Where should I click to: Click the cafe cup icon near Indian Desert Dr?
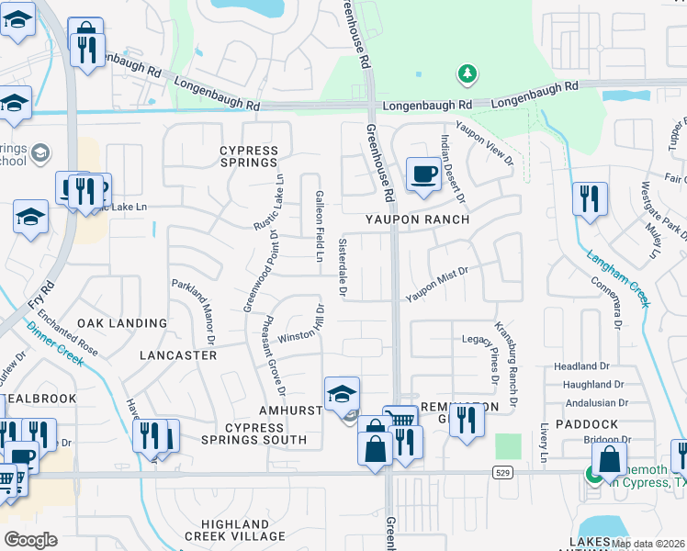(423, 174)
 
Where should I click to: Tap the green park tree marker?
(467, 73)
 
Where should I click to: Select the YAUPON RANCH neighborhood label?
(417, 220)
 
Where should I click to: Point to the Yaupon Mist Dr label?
(437, 286)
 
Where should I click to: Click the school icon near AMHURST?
(342, 394)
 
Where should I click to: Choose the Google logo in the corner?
(30, 540)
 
